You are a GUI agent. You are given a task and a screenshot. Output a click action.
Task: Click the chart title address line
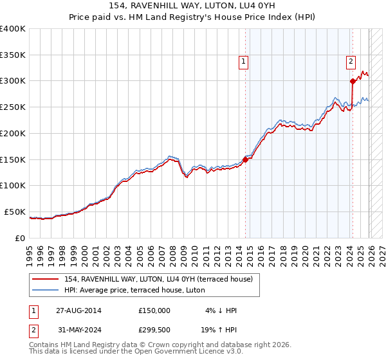(192, 7)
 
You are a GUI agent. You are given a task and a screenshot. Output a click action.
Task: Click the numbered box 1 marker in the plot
(244, 62)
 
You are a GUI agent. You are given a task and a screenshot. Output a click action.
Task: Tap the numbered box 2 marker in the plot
(351, 62)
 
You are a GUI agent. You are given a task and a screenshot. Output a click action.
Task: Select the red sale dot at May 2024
(353, 81)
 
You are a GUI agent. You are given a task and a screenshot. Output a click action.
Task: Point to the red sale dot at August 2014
(245, 159)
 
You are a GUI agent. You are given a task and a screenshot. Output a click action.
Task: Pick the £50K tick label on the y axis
(14, 212)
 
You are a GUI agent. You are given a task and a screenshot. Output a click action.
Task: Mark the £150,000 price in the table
(154, 310)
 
